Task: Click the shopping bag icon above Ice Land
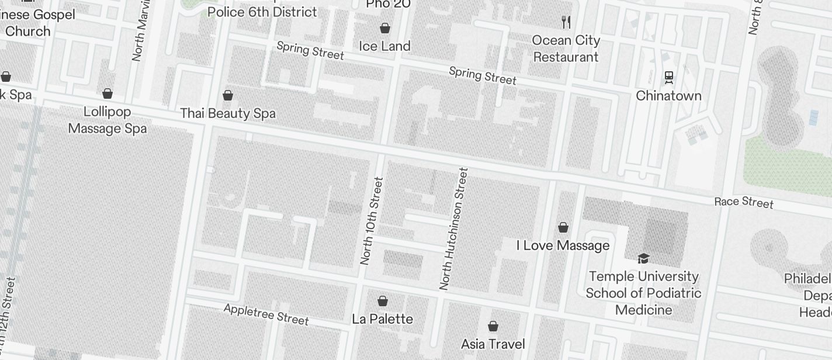point(385,28)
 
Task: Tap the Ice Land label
point(384,46)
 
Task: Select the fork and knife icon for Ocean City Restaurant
point(566,22)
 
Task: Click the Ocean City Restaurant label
point(566,49)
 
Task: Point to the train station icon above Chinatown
point(668,77)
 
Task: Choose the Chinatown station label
point(668,95)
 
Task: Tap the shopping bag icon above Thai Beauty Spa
point(228,95)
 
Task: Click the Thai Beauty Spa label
point(228,113)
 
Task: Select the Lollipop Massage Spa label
point(108,120)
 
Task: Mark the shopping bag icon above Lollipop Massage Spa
point(108,94)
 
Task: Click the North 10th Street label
point(372,221)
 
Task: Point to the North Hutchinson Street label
point(454,229)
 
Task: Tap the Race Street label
point(744,202)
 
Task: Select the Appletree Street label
point(266,314)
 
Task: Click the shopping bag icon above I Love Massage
point(563,227)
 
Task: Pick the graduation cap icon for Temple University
point(643,258)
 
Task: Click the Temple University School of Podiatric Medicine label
point(643,293)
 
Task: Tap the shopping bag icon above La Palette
point(383,301)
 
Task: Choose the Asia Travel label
point(493,344)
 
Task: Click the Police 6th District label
point(262,12)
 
